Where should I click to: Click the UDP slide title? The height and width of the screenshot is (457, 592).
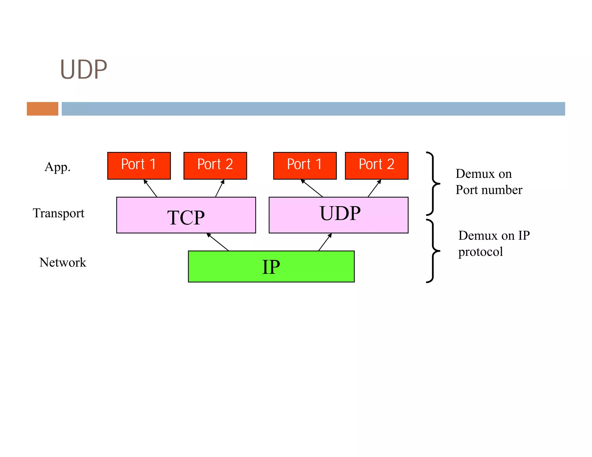point(84,70)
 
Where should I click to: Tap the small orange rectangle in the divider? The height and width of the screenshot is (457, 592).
point(42,109)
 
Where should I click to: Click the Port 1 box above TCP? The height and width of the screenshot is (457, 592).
point(139,166)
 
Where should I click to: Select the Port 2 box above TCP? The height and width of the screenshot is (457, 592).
point(215,166)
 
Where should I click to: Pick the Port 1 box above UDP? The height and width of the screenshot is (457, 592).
point(305,166)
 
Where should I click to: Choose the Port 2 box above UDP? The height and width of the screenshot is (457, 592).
point(376,166)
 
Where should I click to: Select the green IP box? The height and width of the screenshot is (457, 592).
point(271,266)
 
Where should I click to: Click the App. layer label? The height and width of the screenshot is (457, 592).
point(58,167)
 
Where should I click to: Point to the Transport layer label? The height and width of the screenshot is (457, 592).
point(58,213)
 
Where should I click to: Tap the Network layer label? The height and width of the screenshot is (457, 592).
point(63,262)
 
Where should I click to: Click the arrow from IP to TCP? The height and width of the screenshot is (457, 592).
point(218,242)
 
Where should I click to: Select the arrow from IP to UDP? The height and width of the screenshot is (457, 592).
point(325,242)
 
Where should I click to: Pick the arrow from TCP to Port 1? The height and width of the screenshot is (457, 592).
point(150,188)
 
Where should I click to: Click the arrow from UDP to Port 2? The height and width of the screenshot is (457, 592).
point(374,188)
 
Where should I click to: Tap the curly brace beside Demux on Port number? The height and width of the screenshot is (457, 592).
point(433,183)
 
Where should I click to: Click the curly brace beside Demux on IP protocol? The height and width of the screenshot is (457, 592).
point(433,251)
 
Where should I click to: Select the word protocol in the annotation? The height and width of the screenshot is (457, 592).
point(480,252)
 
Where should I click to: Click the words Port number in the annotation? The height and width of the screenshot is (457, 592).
point(489,190)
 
